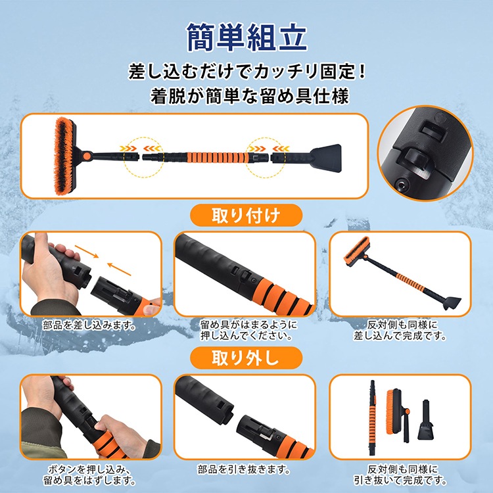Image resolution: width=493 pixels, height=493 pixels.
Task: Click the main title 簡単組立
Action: point(246,37)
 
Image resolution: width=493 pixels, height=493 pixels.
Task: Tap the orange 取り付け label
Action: point(246,216)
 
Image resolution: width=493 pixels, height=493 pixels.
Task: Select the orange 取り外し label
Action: point(246,358)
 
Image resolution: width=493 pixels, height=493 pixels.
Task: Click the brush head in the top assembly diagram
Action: point(65,156)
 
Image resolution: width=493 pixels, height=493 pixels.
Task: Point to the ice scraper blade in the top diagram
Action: point(326,158)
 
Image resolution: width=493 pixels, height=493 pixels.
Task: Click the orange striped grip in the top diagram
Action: point(217,157)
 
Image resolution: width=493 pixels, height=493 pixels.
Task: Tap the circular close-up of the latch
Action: point(425,153)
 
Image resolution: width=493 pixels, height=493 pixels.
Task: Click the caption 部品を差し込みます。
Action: point(89,325)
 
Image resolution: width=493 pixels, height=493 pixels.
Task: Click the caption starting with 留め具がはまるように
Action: point(248,330)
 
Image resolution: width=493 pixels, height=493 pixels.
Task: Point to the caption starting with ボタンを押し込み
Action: point(89,475)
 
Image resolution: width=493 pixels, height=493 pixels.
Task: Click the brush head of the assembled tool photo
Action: point(356,251)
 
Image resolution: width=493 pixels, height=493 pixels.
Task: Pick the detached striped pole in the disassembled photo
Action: point(373,417)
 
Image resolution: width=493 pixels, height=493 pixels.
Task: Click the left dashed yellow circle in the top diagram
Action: point(143,157)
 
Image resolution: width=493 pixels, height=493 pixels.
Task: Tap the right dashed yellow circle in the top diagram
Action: point(266,157)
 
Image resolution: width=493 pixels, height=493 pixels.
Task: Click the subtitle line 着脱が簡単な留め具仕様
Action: point(250,96)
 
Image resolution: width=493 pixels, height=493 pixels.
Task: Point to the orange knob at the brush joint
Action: point(87,156)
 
